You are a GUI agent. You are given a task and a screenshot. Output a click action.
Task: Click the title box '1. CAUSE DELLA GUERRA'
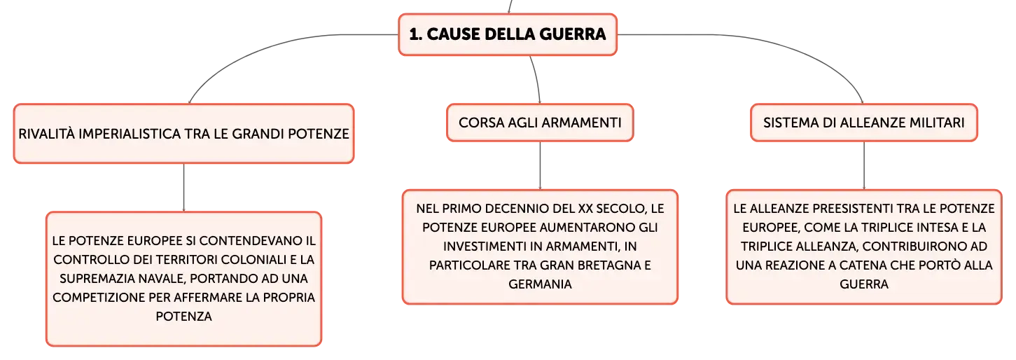click(508, 34)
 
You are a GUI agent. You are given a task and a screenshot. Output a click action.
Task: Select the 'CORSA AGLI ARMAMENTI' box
click(540, 123)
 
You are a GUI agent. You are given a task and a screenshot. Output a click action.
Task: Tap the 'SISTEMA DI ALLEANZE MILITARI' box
click(863, 123)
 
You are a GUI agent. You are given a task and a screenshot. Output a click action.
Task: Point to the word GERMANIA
click(540, 284)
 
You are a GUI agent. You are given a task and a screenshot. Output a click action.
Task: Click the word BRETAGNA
click(604, 265)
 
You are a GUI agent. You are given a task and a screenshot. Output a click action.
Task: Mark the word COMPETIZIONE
click(99, 298)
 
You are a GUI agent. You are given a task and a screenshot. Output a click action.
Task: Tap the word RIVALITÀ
click(46, 134)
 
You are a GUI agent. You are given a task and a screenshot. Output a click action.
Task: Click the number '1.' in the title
click(415, 34)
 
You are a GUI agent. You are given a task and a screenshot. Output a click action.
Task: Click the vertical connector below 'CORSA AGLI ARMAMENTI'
click(540, 166)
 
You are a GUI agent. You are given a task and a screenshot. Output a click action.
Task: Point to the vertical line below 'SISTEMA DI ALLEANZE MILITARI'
click(863, 166)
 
